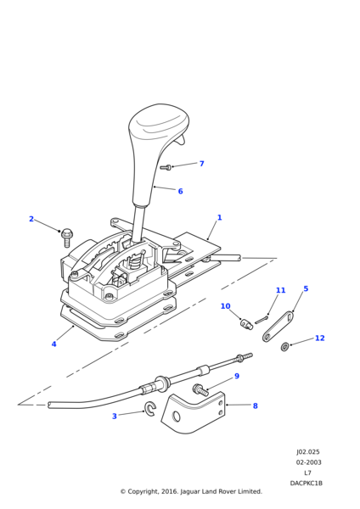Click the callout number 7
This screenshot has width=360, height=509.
[x=202, y=164]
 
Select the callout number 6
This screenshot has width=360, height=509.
[x=180, y=191]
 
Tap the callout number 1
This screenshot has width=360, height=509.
[x=219, y=217]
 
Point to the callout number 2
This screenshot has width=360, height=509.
[x=31, y=219]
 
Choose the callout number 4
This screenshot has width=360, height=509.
[x=54, y=344]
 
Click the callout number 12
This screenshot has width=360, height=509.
[x=320, y=338]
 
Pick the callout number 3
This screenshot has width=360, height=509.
[x=115, y=417]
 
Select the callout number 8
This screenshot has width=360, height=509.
[x=255, y=406]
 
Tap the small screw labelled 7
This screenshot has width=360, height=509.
[x=166, y=167]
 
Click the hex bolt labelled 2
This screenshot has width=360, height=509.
[x=67, y=237]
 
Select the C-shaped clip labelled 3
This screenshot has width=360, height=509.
[x=151, y=408]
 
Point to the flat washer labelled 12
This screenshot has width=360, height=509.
[x=284, y=347]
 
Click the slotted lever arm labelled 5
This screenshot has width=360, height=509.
[x=278, y=327]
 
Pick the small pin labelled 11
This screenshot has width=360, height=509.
[x=261, y=320]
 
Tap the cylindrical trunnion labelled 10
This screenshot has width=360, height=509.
[x=246, y=324]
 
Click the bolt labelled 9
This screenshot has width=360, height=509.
[x=200, y=390]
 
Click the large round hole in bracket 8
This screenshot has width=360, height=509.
[x=176, y=417]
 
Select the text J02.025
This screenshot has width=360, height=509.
[x=307, y=452]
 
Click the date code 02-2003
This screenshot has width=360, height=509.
[x=308, y=462]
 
